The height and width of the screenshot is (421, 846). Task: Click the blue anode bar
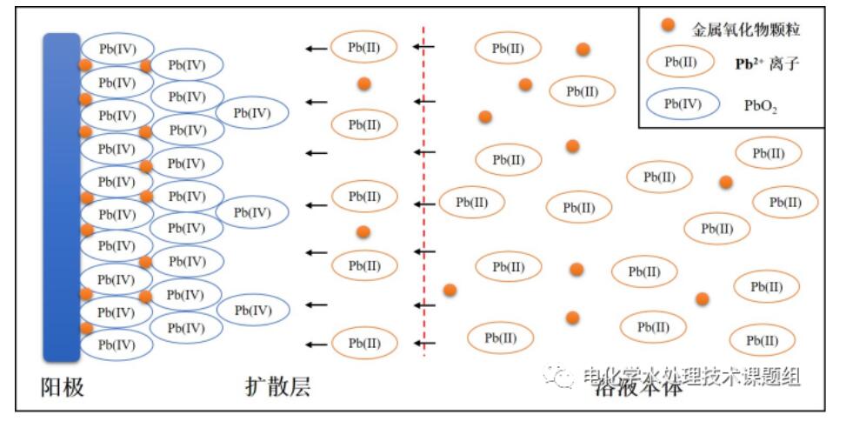click(62, 196)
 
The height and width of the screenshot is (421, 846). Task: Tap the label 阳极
click(63, 386)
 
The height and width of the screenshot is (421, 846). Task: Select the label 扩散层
click(277, 386)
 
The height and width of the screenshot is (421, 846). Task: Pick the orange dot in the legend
click(668, 24)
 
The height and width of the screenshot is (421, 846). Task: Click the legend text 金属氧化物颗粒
click(745, 30)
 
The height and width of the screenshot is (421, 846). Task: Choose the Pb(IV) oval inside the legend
click(683, 104)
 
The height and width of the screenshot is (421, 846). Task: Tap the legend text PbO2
click(761, 105)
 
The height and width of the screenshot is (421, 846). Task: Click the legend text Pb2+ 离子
click(765, 63)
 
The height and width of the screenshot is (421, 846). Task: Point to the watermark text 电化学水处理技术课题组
click(691, 376)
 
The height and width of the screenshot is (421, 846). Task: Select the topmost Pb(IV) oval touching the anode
click(117, 49)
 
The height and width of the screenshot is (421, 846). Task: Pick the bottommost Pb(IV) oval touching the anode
click(117, 344)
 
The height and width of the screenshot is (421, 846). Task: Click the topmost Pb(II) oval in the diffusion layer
click(363, 47)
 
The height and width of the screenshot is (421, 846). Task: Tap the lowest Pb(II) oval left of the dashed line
click(363, 343)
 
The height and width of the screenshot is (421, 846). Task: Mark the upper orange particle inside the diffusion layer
click(364, 84)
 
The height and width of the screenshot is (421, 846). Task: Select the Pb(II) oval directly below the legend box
click(769, 153)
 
